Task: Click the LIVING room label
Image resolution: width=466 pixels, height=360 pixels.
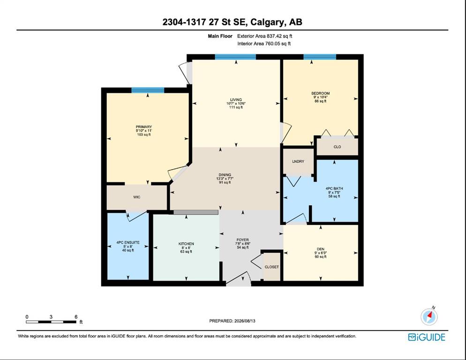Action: pos(236,99)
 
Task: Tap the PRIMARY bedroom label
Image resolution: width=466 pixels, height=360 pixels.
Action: pos(144,127)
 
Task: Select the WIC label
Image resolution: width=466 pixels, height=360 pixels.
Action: pos(137,197)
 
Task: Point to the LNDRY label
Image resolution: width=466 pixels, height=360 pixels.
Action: pos(298,161)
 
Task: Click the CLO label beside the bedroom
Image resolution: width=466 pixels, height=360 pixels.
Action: pos(338,147)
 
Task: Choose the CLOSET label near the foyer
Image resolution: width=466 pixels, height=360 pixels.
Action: pos(271,267)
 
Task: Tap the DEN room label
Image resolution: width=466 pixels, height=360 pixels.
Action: pos(320,249)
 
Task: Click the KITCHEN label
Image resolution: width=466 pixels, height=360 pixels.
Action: pos(186,244)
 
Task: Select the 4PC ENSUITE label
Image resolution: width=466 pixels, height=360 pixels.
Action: pos(128,242)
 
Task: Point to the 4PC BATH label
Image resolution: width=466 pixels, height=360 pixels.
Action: pos(334,188)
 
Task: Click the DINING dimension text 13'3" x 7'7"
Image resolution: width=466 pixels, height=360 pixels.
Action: pos(225,179)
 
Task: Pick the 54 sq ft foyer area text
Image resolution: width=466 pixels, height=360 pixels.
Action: pos(243,247)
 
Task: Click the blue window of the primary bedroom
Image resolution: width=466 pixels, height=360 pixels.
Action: pos(148,90)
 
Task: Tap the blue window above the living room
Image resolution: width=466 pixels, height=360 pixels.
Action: pos(235,57)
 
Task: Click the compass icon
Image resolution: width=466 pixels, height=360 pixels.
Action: pos(429,316)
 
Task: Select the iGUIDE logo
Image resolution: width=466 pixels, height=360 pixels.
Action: pos(427,337)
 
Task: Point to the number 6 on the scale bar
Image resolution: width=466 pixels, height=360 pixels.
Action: pos(76,317)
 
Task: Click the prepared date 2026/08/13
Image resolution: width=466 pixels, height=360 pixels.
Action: pos(245,321)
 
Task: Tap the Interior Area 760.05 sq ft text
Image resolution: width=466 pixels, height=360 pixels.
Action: pos(264,44)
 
